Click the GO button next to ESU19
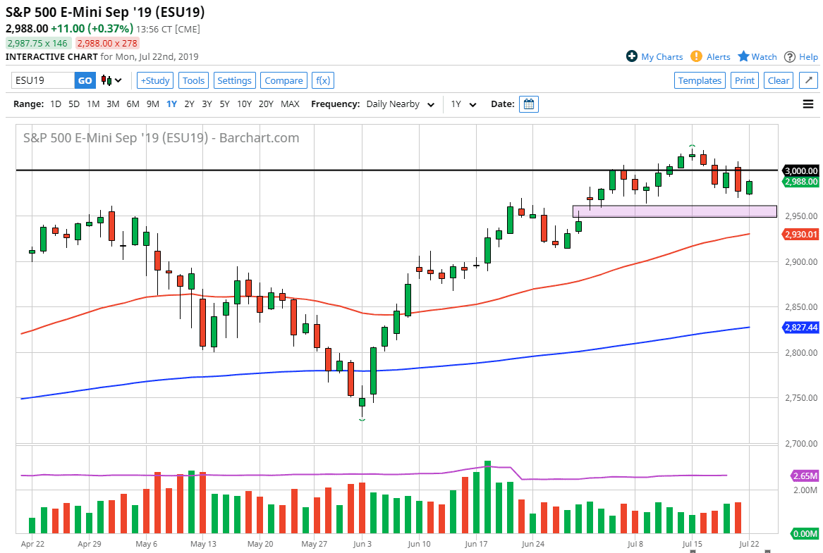pos(85,80)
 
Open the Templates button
pos(700,80)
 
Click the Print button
pos(745,80)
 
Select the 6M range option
pos(133,104)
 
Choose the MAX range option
pos(290,104)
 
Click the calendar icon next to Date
pos(528,104)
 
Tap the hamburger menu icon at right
pos(808,104)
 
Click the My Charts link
pos(654,56)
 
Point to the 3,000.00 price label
pos(800,170)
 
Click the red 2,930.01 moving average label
pos(800,234)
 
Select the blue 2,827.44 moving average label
pos(800,328)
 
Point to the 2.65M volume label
pos(805,476)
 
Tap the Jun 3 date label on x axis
pos(362,544)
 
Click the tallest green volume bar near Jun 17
pos(487,497)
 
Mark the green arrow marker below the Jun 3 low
pos(362,420)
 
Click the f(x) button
pos(323,80)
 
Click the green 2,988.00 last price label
pos(800,182)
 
